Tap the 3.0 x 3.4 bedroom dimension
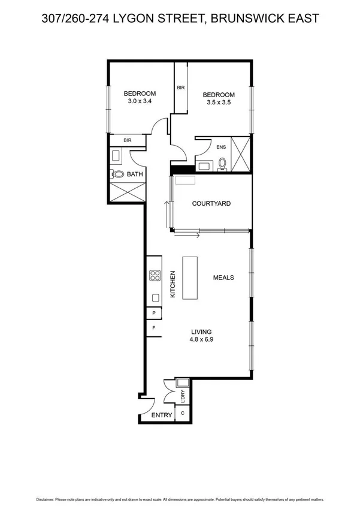tap(140, 102)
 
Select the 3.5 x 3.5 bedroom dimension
tap(218, 103)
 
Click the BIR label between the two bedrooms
tap(180, 88)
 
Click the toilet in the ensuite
tap(222, 163)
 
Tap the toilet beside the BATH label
tap(118, 174)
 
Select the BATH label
tap(135, 175)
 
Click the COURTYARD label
tap(211, 204)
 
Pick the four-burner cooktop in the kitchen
tap(155, 276)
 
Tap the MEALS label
tap(223, 278)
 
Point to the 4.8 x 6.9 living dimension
tap(201, 339)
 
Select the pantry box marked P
tap(154, 313)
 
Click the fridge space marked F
tap(154, 329)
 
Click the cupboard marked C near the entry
tap(183, 414)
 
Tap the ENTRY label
tap(162, 415)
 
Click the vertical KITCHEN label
tap(173, 284)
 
